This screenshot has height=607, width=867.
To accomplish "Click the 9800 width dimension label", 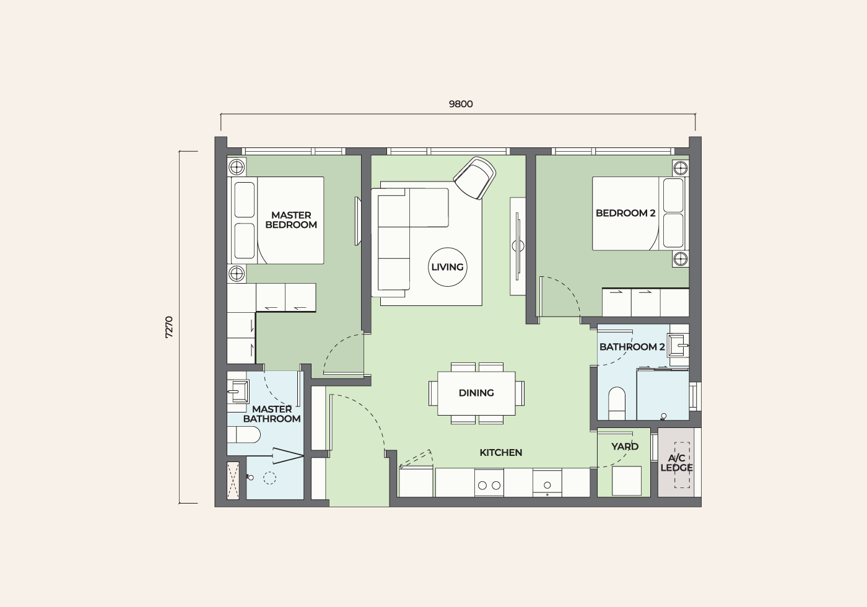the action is [461, 104].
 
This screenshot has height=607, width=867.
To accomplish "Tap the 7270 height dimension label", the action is [169, 328].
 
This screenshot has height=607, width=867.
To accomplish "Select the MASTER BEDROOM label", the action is [291, 220].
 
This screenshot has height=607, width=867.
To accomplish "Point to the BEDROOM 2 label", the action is [625, 213].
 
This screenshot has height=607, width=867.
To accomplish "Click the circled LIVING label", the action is [447, 267].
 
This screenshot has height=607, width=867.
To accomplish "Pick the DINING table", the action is [476, 393].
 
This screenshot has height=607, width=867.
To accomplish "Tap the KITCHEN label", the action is [501, 453].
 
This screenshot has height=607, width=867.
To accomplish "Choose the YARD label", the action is [625, 447].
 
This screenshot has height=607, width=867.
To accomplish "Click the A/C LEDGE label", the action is [676, 463].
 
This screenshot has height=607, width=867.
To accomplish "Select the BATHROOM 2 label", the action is [632, 347].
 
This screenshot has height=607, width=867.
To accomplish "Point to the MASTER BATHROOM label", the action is [272, 414].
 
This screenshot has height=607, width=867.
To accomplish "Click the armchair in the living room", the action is [475, 178].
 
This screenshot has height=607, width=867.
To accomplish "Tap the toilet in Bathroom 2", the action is [617, 403].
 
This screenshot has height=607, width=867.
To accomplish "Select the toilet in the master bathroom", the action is [244, 435].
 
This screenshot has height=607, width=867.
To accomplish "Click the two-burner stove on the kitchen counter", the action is [489, 483].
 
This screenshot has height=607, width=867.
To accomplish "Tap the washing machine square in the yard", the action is [627, 481].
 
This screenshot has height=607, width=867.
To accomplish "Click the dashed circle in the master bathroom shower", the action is [270, 478].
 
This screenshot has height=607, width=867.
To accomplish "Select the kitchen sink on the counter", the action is [547, 483].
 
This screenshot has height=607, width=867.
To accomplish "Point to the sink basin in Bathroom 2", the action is [679, 344].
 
